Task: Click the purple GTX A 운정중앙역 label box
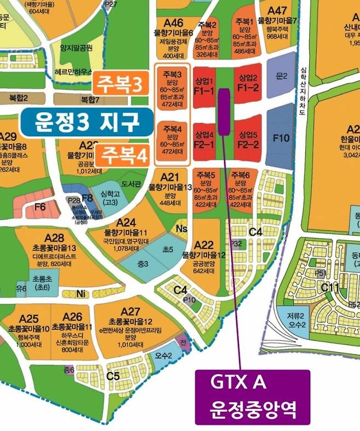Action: click(252, 397)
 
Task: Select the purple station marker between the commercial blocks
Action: click(223, 110)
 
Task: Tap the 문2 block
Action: click(281, 76)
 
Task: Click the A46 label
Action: click(173, 23)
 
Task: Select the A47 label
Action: click(277, 10)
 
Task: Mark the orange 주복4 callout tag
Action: click(124, 154)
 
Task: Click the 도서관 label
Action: click(131, 183)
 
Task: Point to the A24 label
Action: click(126, 222)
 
